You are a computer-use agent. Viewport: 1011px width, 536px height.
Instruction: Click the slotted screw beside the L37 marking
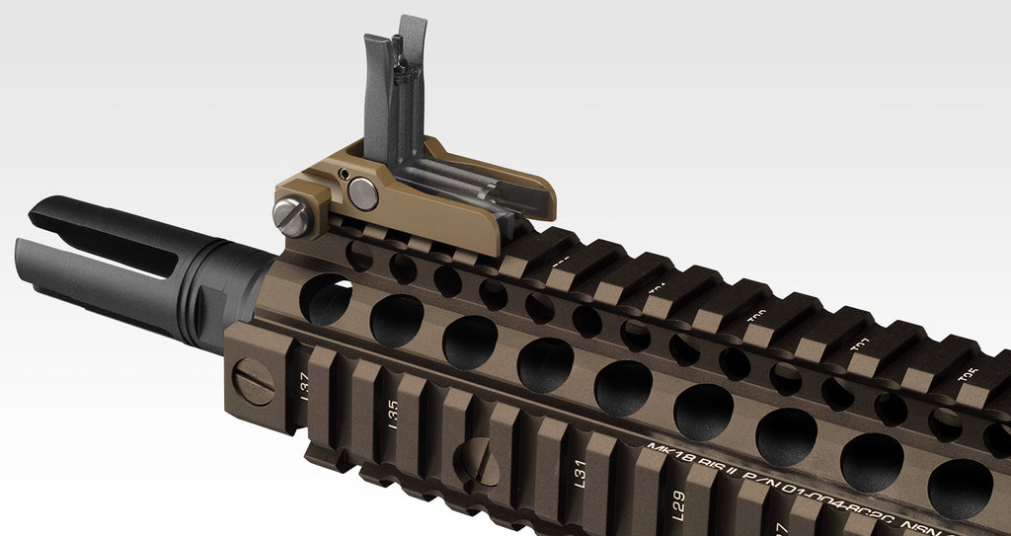[x=254, y=382]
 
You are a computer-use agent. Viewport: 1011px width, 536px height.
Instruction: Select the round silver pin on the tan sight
[x=363, y=193]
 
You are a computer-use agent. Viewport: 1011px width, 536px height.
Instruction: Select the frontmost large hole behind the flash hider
[x=325, y=299]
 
